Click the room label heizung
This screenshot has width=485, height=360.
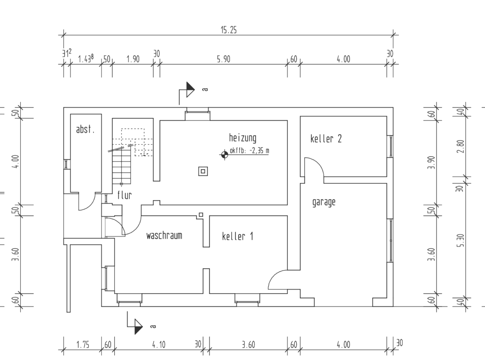[x=243, y=137]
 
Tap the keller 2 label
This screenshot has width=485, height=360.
[x=326, y=139]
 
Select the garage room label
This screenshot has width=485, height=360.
[x=324, y=202]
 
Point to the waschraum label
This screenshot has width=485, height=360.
[x=164, y=236]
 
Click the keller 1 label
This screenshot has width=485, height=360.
[x=237, y=236]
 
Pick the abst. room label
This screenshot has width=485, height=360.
[x=85, y=130]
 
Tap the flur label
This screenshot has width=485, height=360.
[x=124, y=195]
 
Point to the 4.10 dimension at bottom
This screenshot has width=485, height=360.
[x=159, y=345]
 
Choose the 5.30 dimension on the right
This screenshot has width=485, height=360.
[x=462, y=240]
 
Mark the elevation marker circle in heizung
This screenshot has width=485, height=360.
[x=224, y=154]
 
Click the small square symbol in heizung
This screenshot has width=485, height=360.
[x=203, y=171]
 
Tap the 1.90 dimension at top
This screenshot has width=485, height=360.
[x=133, y=59]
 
